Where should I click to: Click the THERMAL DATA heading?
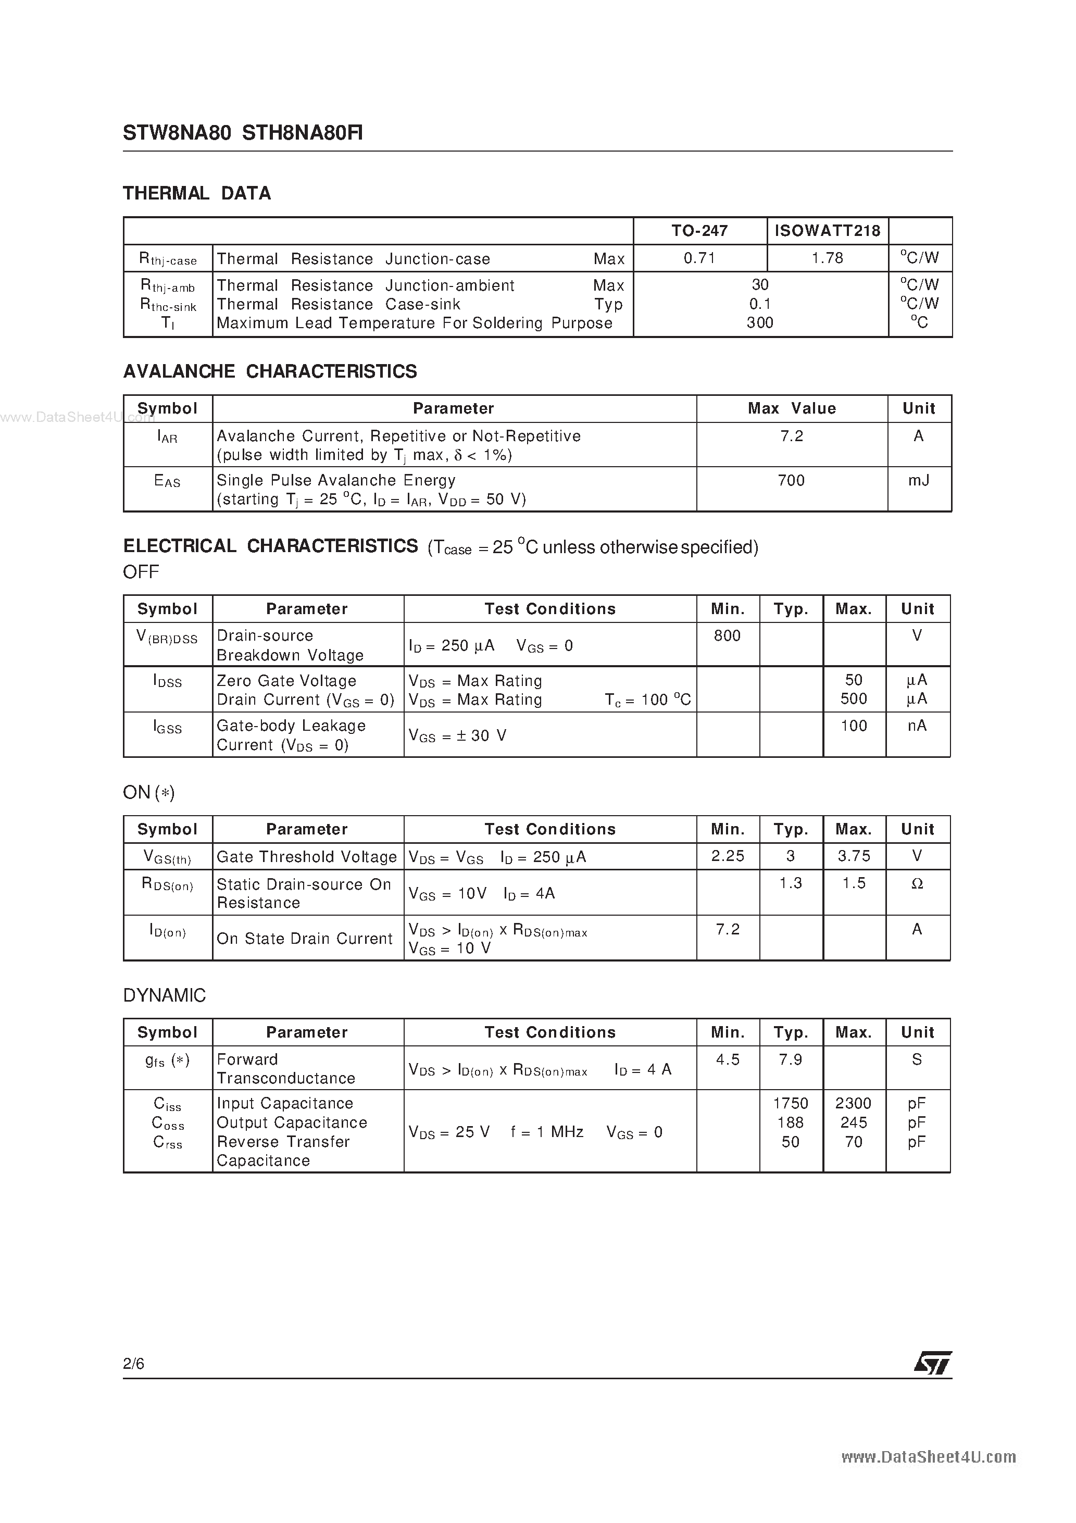[x=197, y=194]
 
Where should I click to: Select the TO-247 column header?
[x=699, y=231]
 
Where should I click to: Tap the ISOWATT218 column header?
[x=827, y=231]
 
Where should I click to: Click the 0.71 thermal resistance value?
[x=699, y=258]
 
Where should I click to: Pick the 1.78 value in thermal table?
[x=827, y=258]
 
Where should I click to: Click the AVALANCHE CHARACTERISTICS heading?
[x=270, y=371]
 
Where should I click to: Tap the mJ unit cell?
[x=918, y=480]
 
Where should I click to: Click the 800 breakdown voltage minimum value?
[x=727, y=636]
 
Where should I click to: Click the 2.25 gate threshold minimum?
[x=727, y=856]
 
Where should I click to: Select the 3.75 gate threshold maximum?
[x=853, y=856]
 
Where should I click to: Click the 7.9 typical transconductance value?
[x=790, y=1060]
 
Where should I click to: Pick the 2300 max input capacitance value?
[x=853, y=1104]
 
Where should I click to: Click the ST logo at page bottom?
[x=933, y=1364]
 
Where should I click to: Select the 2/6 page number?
[x=133, y=1364]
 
